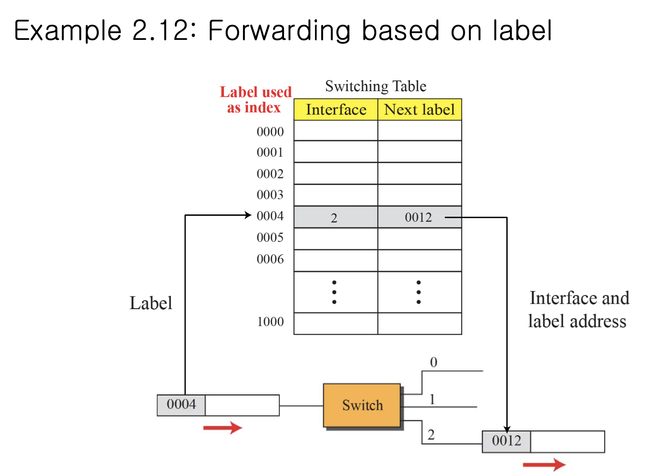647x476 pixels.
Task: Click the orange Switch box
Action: [x=362, y=405]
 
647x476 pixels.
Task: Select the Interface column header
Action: [x=336, y=110]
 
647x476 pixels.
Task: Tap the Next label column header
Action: [x=420, y=110]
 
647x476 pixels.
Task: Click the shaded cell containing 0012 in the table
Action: [x=418, y=218]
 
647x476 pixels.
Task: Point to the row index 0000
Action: [x=270, y=132]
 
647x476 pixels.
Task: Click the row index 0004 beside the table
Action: [x=270, y=216]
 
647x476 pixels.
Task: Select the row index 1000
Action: [x=270, y=322]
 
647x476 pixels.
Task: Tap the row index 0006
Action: [x=270, y=259]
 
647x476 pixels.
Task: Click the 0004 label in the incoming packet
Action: [x=181, y=404]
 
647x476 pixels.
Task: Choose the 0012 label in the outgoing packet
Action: [x=507, y=441]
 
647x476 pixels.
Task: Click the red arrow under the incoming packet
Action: [x=223, y=428]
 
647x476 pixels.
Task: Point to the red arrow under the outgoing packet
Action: [x=544, y=464]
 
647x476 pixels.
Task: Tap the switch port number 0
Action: [x=434, y=362]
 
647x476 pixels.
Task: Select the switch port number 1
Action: [x=432, y=399]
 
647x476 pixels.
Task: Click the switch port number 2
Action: [x=431, y=435]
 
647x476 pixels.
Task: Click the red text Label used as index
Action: [x=256, y=100]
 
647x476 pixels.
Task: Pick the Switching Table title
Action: [x=376, y=86]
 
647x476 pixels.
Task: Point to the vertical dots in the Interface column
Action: [x=334, y=292]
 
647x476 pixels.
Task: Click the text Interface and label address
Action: [x=578, y=309]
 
